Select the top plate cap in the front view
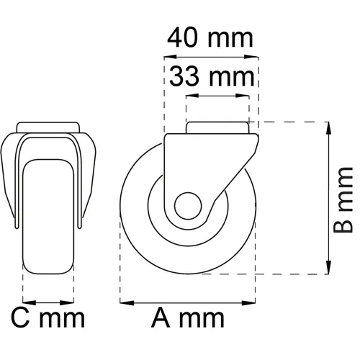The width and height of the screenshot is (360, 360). tap(49, 127)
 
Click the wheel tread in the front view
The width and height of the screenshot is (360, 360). tap(49, 216)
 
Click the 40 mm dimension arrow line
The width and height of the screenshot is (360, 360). tap(211, 57)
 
